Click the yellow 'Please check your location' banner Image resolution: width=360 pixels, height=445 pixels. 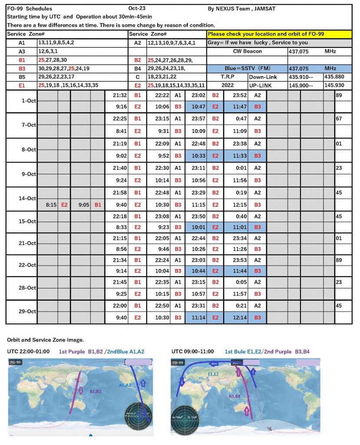pyautogui.click(x=279, y=34)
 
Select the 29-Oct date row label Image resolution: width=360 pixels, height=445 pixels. pyautogui.click(x=22, y=312)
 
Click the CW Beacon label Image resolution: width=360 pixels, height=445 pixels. pyautogui.click(x=247, y=51)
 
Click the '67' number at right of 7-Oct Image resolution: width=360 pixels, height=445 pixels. pyautogui.click(x=339, y=118)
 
